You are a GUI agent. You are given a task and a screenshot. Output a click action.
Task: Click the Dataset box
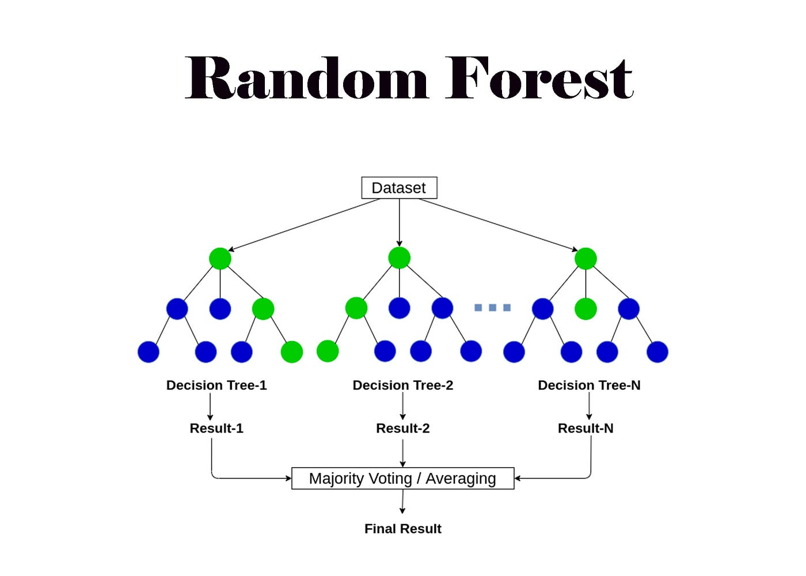[399, 188]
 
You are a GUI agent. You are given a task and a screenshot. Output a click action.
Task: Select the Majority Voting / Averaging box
[402, 478]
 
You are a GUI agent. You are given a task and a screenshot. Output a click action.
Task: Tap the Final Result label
[402, 529]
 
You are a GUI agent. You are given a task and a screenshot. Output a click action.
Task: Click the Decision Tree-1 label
[216, 385]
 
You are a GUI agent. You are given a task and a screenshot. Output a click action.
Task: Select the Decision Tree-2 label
[402, 385]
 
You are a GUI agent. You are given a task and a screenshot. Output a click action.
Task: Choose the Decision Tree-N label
[589, 385]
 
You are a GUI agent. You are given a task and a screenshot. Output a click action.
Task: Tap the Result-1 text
[216, 429]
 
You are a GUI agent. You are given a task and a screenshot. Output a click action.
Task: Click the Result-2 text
[402, 429]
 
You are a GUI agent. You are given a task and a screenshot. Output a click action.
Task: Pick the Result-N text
[586, 429]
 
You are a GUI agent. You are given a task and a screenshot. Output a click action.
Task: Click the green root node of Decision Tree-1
[220, 259]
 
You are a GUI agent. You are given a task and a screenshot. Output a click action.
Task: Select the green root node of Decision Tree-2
[399, 258]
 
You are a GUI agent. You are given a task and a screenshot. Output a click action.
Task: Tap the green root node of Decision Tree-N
[586, 259]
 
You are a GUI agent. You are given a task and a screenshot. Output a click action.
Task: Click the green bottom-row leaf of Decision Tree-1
[292, 351]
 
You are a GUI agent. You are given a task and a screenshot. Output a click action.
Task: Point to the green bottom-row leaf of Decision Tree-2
[328, 351]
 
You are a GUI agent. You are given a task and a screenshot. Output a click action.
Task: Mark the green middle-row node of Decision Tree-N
[586, 309]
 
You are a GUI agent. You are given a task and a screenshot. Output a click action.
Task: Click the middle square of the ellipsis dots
[492, 308]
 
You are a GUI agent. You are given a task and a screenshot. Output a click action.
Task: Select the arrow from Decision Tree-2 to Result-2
[402, 406]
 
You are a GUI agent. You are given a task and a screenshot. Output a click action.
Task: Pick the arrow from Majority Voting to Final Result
[402, 501]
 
